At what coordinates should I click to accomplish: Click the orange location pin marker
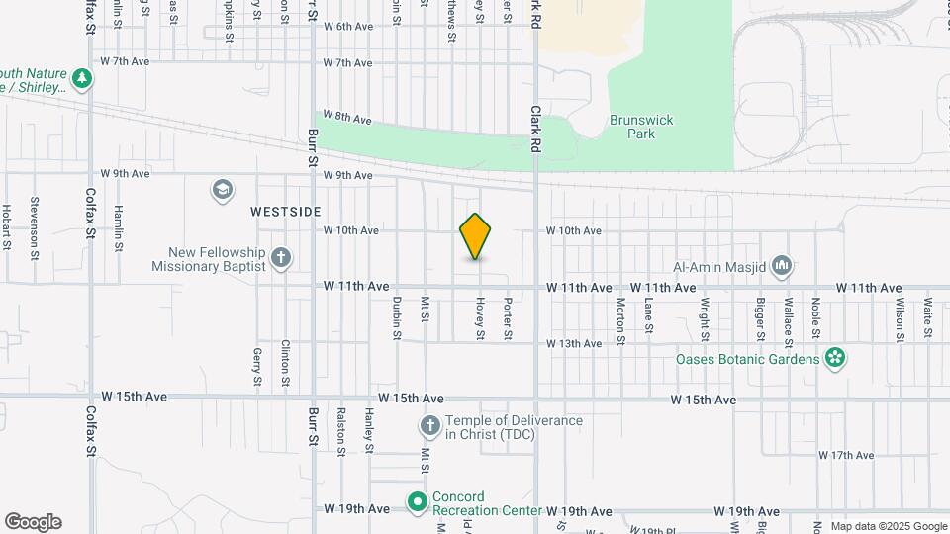(x=476, y=236)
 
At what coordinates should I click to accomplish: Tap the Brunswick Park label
(x=641, y=127)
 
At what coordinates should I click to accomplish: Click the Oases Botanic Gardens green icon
(x=835, y=358)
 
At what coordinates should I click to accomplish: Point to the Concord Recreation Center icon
(x=418, y=503)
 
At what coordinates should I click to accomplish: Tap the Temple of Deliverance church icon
(x=429, y=427)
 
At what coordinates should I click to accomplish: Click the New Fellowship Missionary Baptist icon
(x=281, y=259)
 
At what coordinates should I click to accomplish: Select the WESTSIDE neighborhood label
(x=286, y=212)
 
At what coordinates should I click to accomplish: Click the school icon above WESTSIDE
(x=223, y=189)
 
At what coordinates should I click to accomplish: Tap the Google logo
(x=33, y=521)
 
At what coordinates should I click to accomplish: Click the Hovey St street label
(x=480, y=319)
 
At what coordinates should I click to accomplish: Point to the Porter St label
(x=507, y=319)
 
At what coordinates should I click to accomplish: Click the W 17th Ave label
(x=848, y=455)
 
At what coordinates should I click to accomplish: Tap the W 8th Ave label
(x=347, y=118)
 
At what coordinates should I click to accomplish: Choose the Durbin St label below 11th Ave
(x=396, y=319)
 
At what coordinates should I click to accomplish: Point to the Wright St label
(x=706, y=318)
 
